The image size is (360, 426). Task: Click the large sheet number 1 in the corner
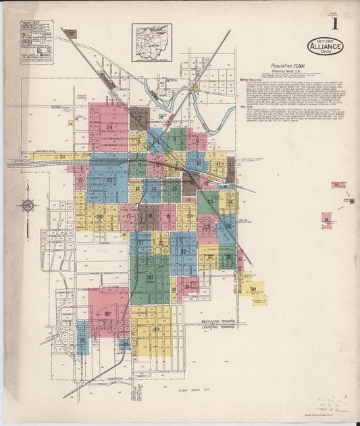tap(334, 24)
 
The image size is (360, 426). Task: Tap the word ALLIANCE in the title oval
tap(325, 47)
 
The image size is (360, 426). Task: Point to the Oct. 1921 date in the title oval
tap(325, 41)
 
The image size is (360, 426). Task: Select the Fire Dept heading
tap(247, 107)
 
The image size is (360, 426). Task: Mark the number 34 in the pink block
tap(109, 127)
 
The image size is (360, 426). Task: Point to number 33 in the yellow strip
tap(62, 157)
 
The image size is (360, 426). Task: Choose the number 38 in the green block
tap(150, 277)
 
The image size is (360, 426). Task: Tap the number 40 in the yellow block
tap(156, 329)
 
